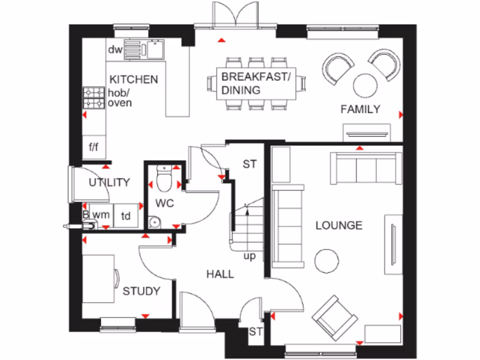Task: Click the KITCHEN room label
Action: pos(134,79)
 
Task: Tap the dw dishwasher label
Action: pos(115,50)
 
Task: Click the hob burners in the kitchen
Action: pos(94,97)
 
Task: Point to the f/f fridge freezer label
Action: pos(94,148)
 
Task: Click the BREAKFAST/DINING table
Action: pos(256,83)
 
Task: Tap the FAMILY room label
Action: pos(360,109)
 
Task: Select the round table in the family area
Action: pos(366,85)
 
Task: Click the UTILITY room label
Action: pos(109,182)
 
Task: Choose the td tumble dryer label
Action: pos(126,216)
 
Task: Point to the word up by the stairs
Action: pos(249,256)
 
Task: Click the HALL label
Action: pos(220,274)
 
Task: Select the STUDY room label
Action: pos(141,291)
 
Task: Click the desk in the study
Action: pos(98,279)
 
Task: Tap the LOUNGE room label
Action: pos(338,225)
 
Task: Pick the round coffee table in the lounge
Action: pos(327,261)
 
